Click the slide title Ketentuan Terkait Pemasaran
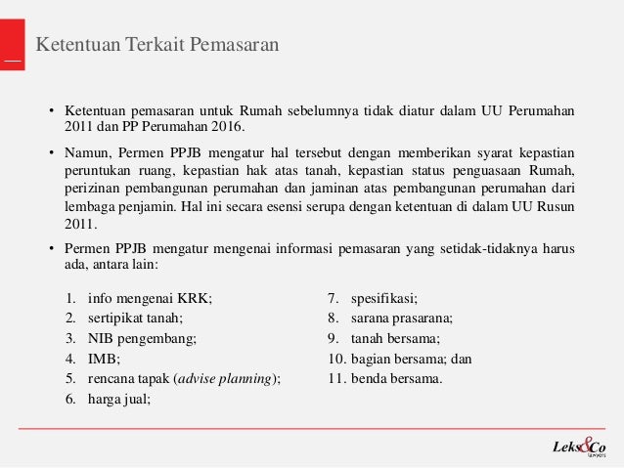coord(157,44)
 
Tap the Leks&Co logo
coord(580,447)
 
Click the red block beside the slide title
coord(12,45)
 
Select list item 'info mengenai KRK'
coord(149,299)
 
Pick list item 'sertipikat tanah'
coord(135,318)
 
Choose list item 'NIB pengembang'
coord(142,338)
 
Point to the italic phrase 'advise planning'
coord(224,378)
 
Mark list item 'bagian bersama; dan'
coord(411,359)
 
